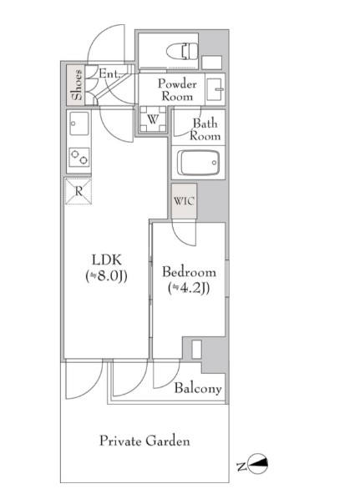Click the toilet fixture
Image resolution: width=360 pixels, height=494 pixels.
click(182, 51)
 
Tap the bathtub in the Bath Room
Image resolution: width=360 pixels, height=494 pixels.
click(198, 163)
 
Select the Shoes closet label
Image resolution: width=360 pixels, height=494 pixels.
click(77, 84)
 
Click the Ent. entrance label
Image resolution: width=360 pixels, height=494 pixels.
click(109, 74)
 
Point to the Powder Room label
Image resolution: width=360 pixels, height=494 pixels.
click(177, 90)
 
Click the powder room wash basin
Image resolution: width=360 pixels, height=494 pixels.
click(215, 89)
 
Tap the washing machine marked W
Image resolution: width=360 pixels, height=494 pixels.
click(153, 119)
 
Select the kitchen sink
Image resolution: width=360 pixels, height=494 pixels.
click(79, 123)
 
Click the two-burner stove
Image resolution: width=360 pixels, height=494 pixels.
click(79, 157)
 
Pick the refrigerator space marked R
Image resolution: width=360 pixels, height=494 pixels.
click(79, 191)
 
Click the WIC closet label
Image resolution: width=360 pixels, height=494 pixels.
click(184, 201)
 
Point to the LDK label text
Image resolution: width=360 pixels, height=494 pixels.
click(107, 260)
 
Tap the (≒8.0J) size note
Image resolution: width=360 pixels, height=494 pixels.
click(107, 276)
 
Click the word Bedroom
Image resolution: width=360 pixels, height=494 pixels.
click(189, 272)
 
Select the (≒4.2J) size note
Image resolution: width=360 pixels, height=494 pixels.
click(189, 288)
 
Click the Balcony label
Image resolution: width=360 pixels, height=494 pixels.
click(198, 389)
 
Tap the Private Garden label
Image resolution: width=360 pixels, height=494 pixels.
click(145, 441)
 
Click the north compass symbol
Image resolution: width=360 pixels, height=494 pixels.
click(258, 463)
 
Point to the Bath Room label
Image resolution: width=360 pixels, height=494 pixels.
click(205, 129)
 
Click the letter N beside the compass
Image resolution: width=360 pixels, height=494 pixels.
click(241, 466)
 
